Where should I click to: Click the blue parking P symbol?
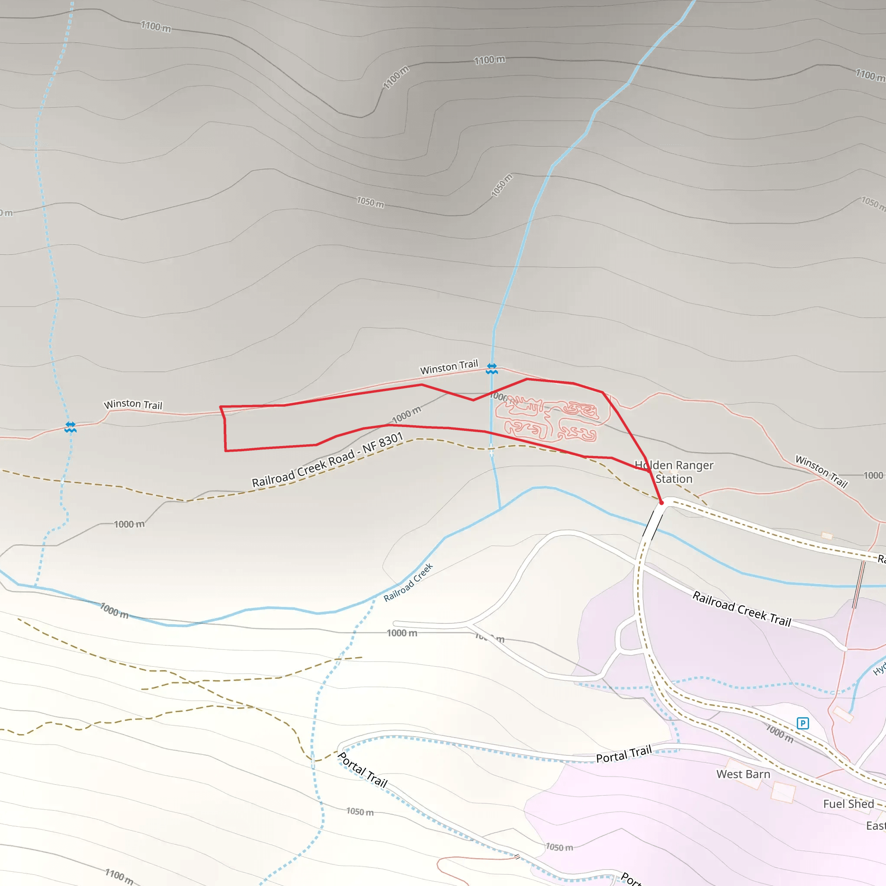click(803, 724)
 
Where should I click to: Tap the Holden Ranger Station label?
click(674, 472)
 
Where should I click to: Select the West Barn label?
click(743, 774)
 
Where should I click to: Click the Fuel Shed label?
click(848, 804)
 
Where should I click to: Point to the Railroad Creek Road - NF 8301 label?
click(327, 460)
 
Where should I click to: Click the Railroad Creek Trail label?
click(742, 609)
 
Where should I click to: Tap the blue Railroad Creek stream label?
click(408, 582)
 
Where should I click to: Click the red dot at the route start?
click(661, 503)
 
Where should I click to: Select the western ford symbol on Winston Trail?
click(70, 427)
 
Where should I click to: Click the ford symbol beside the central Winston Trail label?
click(491, 368)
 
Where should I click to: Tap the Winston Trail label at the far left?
click(133, 404)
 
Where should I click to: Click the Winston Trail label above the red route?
click(449, 367)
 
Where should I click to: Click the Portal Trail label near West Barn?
click(624, 754)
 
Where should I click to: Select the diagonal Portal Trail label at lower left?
click(362, 770)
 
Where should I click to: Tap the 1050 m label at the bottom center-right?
click(559, 847)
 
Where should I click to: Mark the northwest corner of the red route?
click(221, 407)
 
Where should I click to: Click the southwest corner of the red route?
click(226, 451)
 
